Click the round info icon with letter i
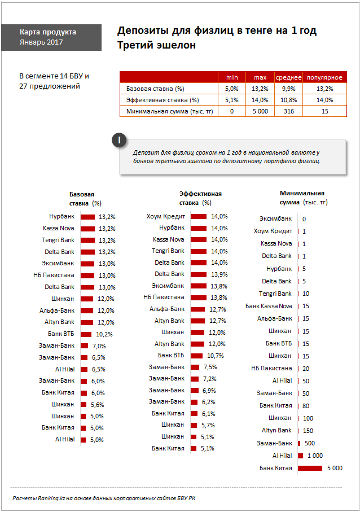click(x=119, y=141)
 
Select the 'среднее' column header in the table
click(x=288, y=77)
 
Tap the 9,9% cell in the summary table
click(x=288, y=89)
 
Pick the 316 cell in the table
click(x=288, y=111)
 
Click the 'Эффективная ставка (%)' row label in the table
click(x=163, y=100)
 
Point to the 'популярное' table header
click(x=325, y=77)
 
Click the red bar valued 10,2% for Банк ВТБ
click(x=86, y=334)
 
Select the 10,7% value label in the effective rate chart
click(x=216, y=356)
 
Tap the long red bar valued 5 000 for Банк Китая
click(x=310, y=468)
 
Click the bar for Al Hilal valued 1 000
click(x=301, y=456)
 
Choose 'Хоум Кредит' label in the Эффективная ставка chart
click(x=166, y=217)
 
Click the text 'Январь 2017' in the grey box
click(x=41, y=42)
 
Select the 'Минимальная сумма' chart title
click(x=302, y=198)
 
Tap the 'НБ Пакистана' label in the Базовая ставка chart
click(x=54, y=275)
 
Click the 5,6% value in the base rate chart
click(x=97, y=405)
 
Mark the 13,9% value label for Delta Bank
click(x=219, y=274)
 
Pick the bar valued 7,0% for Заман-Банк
click(x=84, y=346)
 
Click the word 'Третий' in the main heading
click(x=134, y=45)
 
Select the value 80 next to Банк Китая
click(x=306, y=406)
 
